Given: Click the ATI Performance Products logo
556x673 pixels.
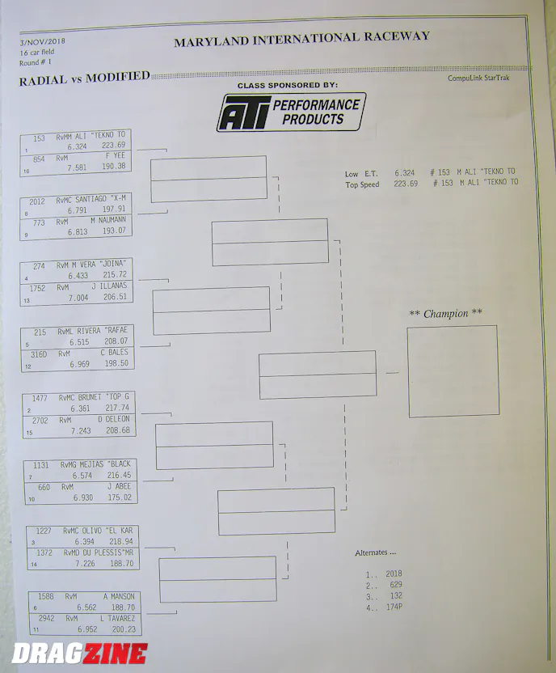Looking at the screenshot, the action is pos(291,112).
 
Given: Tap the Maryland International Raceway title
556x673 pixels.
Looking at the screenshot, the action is pos(301,39).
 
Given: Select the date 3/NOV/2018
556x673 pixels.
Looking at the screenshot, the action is pos(43,41).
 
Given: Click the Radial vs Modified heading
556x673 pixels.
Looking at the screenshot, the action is pos(84,78).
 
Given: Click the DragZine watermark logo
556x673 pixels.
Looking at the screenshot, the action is pos(80,654).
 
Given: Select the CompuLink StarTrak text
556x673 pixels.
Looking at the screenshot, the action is pos(478,78).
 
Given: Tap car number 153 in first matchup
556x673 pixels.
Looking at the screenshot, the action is pos(39,138).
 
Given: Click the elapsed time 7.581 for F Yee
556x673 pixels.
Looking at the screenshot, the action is pos(77,167).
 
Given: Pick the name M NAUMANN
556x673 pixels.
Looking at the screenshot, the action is pos(108,220).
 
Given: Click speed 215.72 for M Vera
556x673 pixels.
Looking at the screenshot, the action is pos(115,274).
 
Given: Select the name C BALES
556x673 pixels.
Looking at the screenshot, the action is pos(114,353).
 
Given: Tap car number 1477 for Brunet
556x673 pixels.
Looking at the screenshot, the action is pos(40,398).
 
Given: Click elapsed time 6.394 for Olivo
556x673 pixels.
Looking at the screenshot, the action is pos(84,542).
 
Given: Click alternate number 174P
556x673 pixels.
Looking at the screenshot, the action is pos(394,607).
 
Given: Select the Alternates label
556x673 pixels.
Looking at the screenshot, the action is pos(375,552).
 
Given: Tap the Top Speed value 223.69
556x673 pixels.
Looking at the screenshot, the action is pos(406,184).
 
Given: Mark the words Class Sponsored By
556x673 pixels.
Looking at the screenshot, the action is pos(287,85).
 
